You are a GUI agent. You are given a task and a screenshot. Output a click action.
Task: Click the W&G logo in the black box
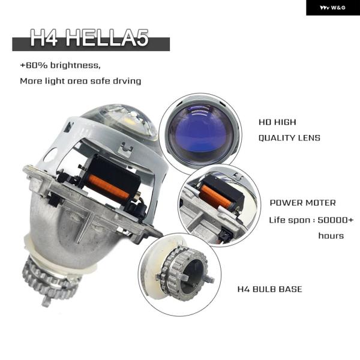click(332, 8)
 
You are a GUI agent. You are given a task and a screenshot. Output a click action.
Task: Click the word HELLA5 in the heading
click(107, 38)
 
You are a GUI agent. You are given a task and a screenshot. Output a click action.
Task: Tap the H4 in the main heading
click(44, 38)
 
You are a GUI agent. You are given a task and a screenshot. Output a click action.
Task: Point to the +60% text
click(34, 65)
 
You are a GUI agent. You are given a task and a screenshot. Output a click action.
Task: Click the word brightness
click(76, 65)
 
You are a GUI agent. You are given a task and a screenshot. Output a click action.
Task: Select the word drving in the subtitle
click(127, 81)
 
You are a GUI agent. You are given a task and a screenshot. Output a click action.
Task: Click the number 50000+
click(335, 220)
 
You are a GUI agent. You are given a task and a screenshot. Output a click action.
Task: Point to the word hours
click(331, 236)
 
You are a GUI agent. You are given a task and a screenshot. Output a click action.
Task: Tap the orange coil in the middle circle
click(217, 196)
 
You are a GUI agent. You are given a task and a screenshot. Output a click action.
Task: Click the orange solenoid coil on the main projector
click(109, 186)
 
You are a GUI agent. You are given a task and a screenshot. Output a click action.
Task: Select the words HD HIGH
click(277, 122)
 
